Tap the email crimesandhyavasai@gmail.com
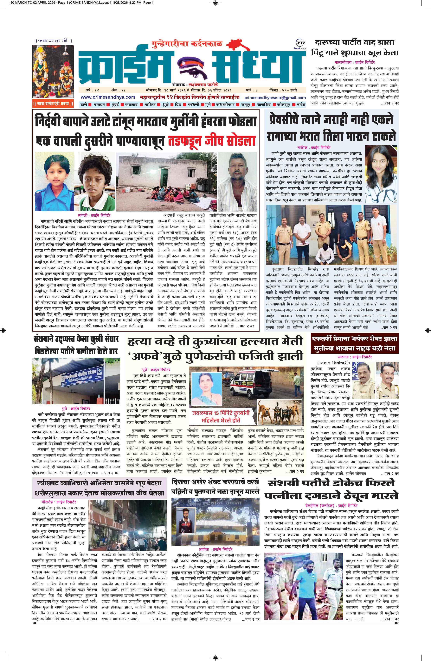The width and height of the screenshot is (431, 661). [275, 98]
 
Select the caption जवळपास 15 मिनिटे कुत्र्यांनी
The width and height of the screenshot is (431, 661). [221, 413]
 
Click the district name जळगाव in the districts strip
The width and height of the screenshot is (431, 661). [132, 105]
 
